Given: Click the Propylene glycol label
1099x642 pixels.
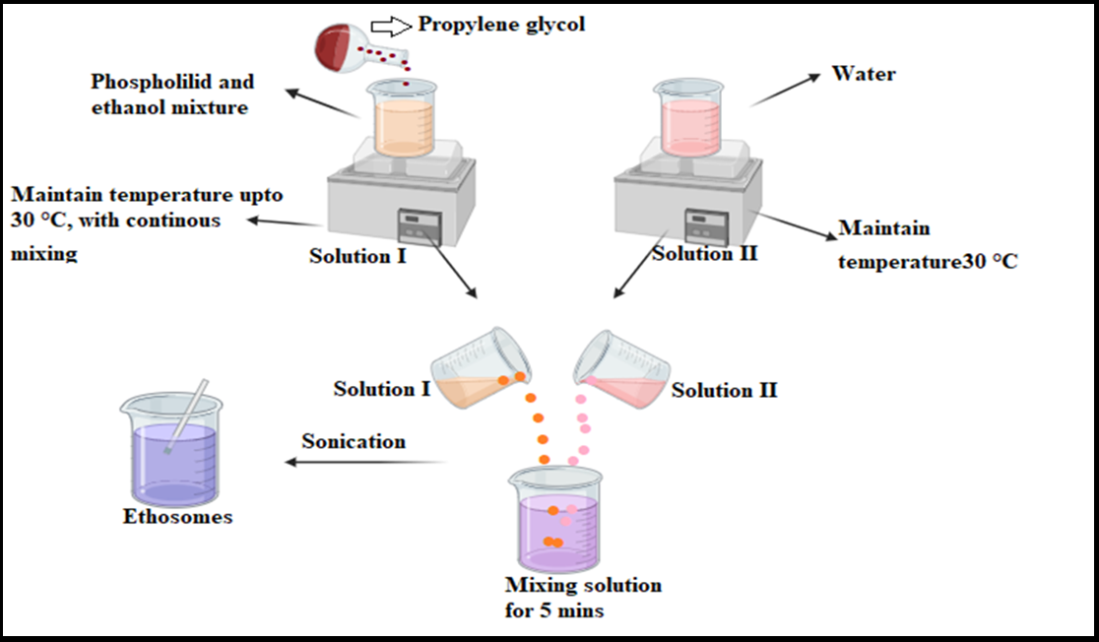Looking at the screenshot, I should (x=501, y=24).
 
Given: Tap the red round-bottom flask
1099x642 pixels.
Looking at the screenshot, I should (x=338, y=44).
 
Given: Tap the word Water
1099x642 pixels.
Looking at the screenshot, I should (x=864, y=74).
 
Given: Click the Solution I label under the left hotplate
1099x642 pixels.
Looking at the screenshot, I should (x=358, y=257).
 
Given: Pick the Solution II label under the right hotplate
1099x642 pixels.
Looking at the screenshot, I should (x=705, y=253).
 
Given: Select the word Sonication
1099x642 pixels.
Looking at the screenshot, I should (x=354, y=441).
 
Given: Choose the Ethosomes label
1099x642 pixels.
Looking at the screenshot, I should (x=178, y=516).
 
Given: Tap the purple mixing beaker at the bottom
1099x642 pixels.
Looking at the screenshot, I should (x=555, y=523).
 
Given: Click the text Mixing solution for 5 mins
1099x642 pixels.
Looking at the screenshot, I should (x=583, y=598).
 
